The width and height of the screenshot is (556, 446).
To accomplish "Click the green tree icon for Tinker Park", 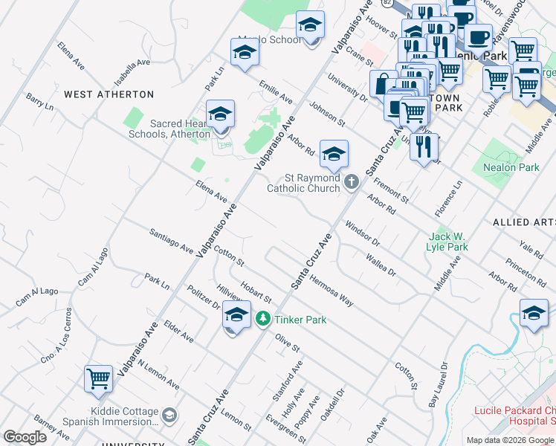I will click(262, 319).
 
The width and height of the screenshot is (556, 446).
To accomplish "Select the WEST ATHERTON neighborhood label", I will click(109, 94).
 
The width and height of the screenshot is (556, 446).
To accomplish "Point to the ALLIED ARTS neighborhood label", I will click(523, 222).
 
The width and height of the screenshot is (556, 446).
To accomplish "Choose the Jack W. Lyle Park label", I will click(447, 242).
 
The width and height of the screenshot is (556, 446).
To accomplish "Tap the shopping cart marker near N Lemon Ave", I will click(98, 379).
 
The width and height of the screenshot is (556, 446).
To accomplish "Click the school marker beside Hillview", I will click(236, 315).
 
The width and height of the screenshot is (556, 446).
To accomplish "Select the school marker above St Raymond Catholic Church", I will click(334, 154).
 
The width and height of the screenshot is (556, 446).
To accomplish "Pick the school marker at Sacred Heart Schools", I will click(220, 114).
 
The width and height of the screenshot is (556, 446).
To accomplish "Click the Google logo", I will click(25, 436).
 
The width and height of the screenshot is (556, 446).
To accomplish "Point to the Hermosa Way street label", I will click(332, 289).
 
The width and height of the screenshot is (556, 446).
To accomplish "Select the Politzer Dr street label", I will click(203, 297).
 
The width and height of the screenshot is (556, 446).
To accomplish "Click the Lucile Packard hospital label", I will click(515, 416).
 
